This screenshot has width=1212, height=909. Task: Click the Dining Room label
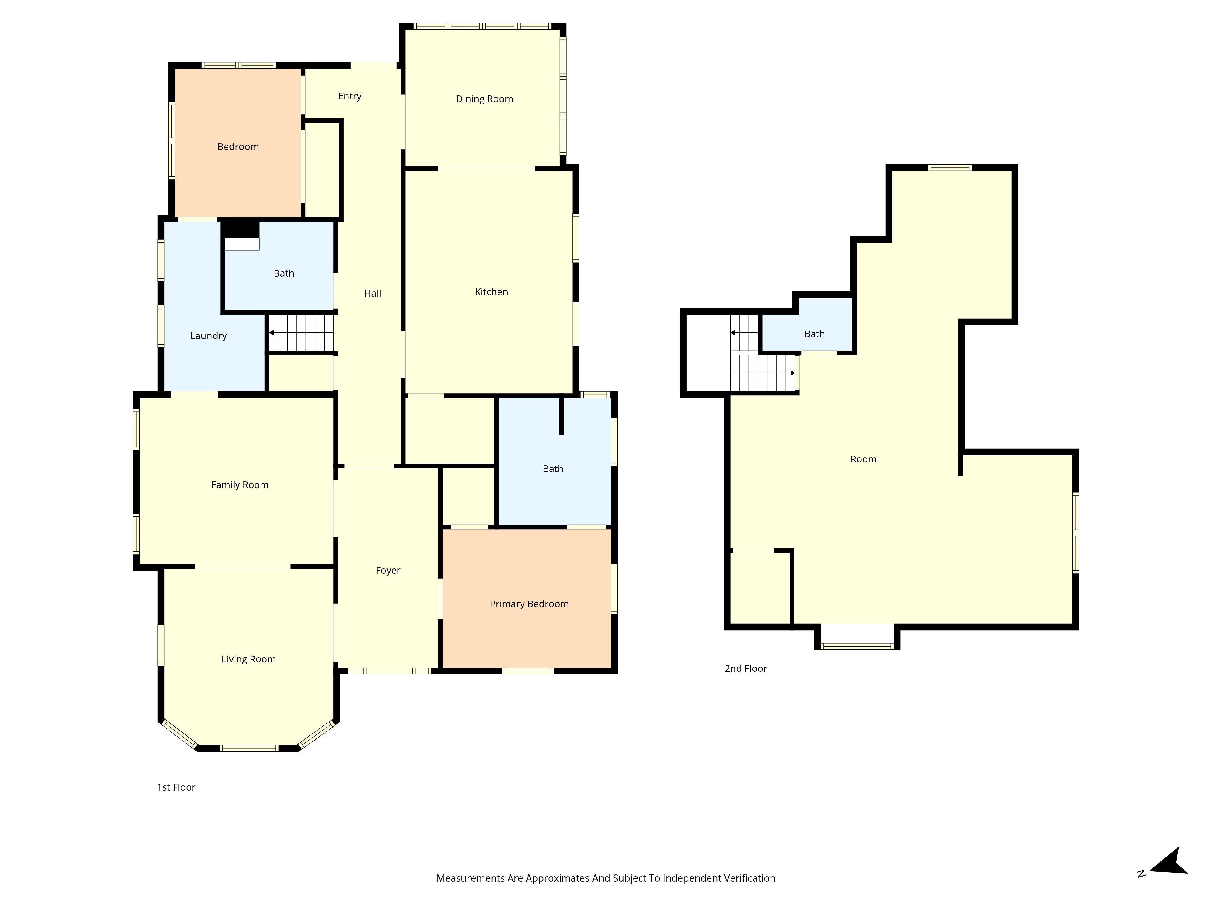coord(484,98)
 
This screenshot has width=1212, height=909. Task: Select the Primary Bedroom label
coord(529,604)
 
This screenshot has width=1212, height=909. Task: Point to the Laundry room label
coord(208,336)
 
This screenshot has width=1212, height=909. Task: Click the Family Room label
coord(239,485)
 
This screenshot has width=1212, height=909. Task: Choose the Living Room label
coord(248,659)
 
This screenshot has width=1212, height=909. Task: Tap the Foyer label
coord(388,570)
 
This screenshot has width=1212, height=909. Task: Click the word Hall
coord(373,293)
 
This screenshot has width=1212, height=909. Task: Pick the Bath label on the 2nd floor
coord(814,334)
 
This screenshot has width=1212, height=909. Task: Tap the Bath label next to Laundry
coord(284,273)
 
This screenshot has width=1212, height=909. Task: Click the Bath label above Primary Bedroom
coord(553,468)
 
